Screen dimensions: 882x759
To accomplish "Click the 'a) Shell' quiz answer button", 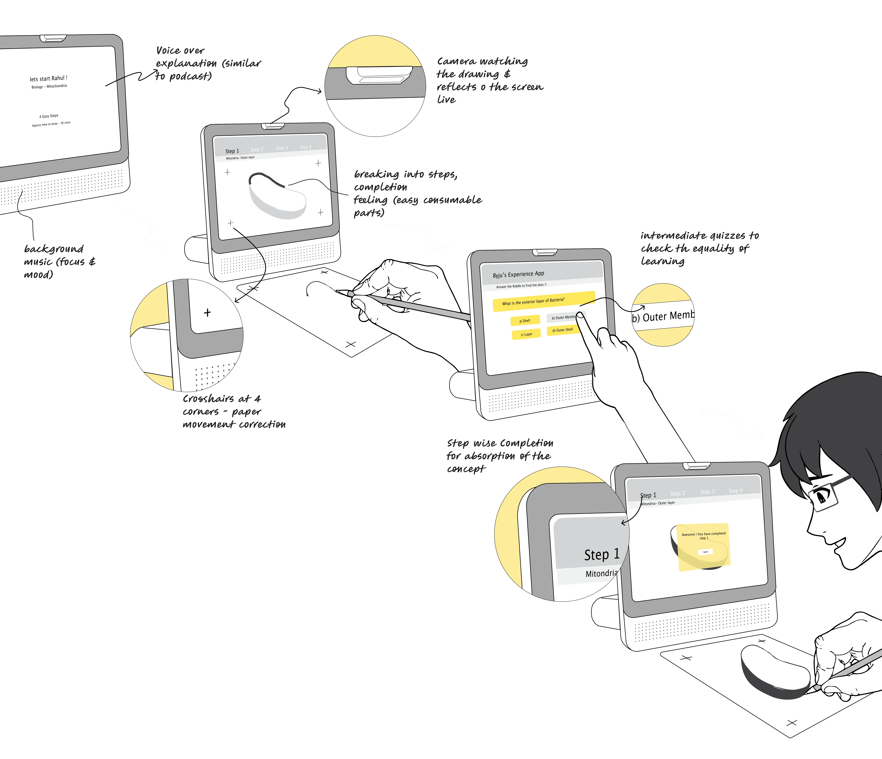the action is [x=525, y=320].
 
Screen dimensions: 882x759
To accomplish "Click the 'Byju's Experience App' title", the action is [x=519, y=274].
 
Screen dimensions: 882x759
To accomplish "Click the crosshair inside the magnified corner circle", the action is [x=207, y=313].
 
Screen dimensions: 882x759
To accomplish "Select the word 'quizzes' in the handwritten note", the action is [x=728, y=236].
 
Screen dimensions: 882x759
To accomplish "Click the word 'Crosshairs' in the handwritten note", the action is [x=209, y=399].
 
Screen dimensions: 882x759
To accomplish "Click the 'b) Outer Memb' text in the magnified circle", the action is [x=663, y=316].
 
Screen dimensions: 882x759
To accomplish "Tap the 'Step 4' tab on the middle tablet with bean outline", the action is [x=306, y=147].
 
